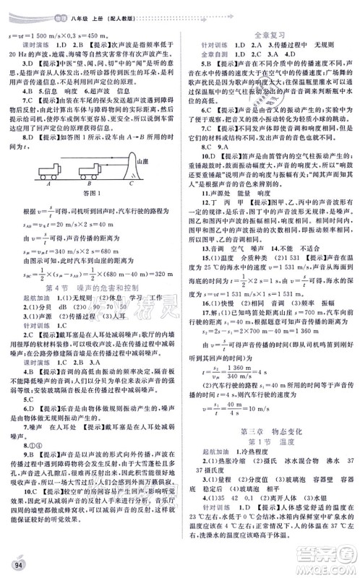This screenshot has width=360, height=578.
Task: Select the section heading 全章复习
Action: pos(267,33)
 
